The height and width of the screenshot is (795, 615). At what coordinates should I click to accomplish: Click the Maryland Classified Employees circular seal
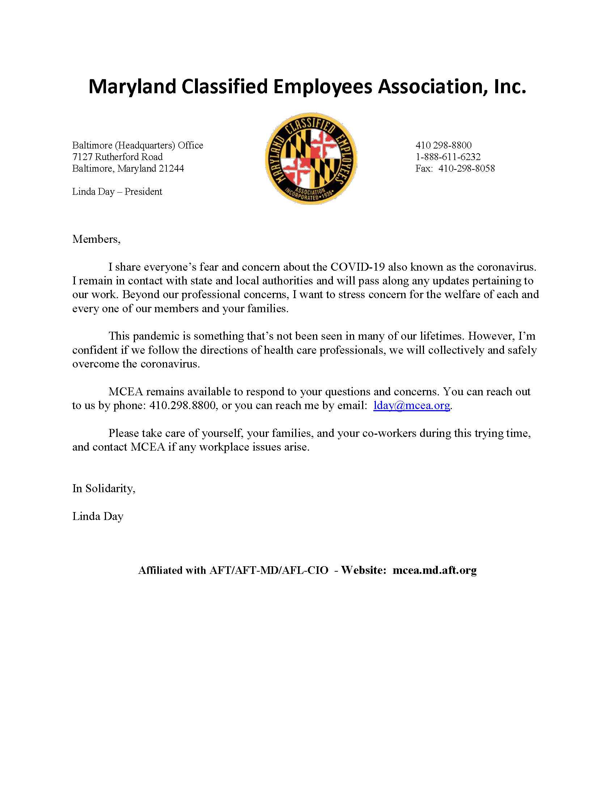[311, 158]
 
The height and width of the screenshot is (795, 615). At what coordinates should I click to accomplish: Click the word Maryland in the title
[132, 87]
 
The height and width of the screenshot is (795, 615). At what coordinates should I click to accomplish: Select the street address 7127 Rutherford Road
[117, 157]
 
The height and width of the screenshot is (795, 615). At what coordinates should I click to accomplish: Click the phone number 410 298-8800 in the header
[444, 145]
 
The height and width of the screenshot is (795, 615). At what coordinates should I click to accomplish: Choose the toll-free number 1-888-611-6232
[448, 157]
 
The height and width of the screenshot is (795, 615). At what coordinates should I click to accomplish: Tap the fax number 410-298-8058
[466, 168]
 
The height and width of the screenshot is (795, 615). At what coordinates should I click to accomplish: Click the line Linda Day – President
[117, 192]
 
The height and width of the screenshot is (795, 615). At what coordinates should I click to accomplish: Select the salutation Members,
[96, 239]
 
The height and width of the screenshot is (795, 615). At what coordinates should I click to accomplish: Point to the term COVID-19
[357, 267]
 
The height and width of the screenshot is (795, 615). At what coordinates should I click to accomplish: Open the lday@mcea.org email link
[411, 405]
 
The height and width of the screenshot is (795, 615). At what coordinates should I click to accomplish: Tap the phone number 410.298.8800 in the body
[183, 405]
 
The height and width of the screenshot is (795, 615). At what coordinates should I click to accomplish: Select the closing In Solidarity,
[104, 489]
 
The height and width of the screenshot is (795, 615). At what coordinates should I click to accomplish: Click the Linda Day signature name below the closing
[98, 516]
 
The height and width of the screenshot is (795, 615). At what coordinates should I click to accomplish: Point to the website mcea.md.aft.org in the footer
[434, 570]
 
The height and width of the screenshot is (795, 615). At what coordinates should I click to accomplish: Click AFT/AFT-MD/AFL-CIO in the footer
[269, 570]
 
